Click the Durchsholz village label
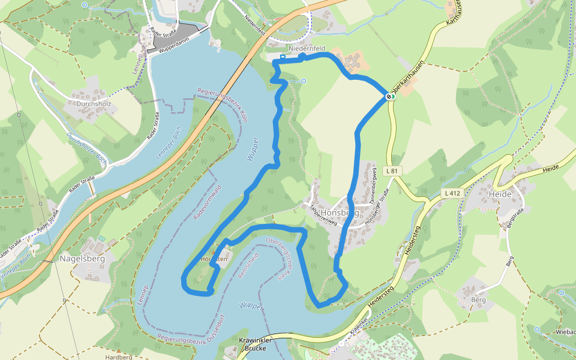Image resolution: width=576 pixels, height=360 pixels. tap(90, 103)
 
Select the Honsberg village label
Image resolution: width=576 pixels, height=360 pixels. tap(340, 213)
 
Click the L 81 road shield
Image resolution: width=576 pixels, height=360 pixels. tap(392, 171)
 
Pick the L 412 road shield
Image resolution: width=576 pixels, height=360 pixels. tap(452, 193)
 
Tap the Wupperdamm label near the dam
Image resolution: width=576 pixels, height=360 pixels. tap(175, 47)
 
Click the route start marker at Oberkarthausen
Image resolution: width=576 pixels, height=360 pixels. tap(389, 96)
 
